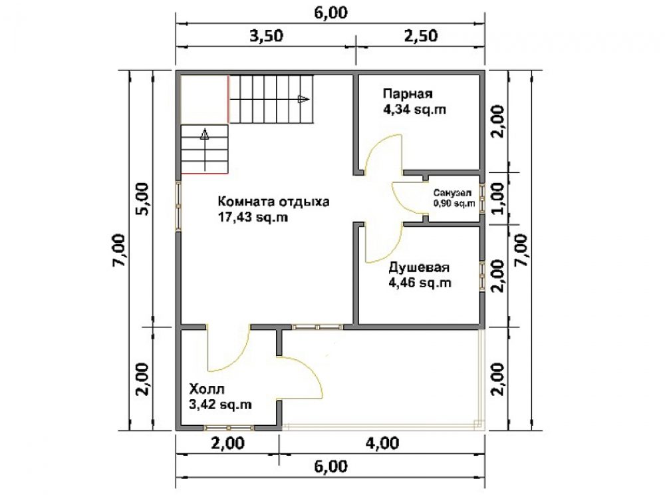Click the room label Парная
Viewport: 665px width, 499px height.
(408, 93)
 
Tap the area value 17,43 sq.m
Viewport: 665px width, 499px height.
(253, 218)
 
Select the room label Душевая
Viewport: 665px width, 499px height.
(419, 267)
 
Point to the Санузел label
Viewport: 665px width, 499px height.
(452, 193)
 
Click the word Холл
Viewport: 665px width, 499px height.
(207, 389)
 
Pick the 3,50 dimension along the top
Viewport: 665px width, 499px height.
(266, 36)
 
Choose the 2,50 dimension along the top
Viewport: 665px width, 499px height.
(421, 36)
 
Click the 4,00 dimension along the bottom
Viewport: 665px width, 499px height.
(382, 443)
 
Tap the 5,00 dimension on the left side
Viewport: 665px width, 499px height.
(142, 199)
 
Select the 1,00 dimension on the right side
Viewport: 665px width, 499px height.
(498, 198)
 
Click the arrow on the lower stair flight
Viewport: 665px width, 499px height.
(205, 149)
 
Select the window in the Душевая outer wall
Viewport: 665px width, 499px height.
(482, 276)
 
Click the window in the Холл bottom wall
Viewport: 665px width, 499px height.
(229, 427)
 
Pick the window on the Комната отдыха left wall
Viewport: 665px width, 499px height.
(178, 206)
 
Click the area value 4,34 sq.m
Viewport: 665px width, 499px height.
(414, 110)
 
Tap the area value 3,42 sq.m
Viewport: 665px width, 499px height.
(220, 405)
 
